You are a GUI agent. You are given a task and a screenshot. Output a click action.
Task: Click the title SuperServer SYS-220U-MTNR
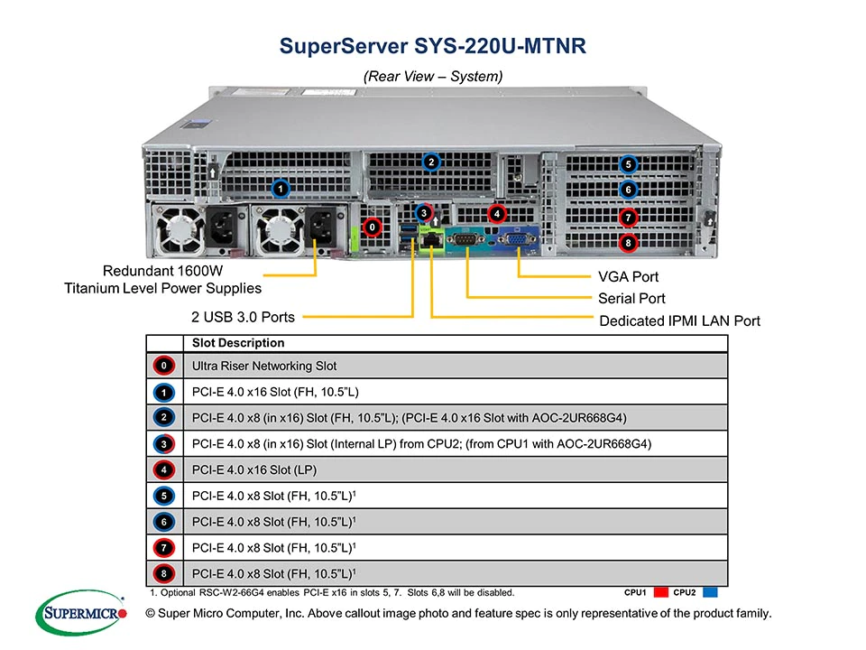tap(433, 45)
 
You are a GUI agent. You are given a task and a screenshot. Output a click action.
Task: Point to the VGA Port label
tap(628, 277)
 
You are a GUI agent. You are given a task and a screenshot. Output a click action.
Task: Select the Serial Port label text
tap(631, 299)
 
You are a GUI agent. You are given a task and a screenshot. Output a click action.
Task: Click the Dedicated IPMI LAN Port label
tap(679, 320)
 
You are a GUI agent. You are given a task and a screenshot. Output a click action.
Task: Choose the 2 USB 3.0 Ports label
tap(243, 317)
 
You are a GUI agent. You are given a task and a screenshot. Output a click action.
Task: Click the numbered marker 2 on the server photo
tap(432, 162)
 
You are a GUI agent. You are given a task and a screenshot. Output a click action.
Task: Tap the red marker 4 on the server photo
tap(495, 214)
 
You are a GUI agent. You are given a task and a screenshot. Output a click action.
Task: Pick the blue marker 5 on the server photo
tap(629, 164)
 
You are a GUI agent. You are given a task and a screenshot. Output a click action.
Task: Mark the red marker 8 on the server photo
tap(629, 242)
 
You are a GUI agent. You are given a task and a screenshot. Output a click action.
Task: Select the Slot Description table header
tap(238, 343)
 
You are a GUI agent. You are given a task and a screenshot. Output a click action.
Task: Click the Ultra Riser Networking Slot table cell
tap(263, 367)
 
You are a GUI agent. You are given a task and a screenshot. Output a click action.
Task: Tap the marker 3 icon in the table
tap(163, 444)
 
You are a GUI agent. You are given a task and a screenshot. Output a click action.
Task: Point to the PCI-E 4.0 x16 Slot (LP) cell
tap(254, 469)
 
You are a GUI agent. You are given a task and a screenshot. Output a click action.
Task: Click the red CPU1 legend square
tap(660, 593)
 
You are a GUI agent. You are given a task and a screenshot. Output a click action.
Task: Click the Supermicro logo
tap(81, 614)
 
